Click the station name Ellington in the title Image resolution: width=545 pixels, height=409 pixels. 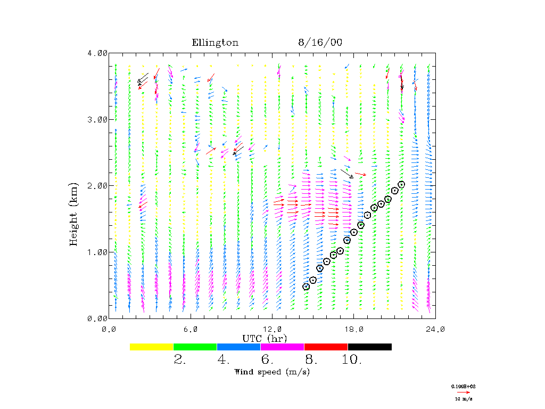(x=215, y=43)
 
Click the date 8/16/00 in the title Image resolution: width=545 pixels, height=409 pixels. (x=320, y=43)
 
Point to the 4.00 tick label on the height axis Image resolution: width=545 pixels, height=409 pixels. (x=97, y=53)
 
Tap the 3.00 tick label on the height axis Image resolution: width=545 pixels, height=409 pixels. (x=97, y=119)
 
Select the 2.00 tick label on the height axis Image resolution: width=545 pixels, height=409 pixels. (x=97, y=186)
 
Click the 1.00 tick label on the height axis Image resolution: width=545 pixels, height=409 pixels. (x=97, y=252)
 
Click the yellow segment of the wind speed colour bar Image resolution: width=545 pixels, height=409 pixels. (x=152, y=347)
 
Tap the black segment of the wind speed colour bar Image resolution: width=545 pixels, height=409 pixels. (x=369, y=347)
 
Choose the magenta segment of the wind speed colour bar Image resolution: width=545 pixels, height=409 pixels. (x=282, y=347)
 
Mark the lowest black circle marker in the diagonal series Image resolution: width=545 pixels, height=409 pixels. (x=306, y=287)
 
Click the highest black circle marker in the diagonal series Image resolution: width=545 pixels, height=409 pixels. (x=401, y=184)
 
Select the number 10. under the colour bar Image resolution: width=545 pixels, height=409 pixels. (x=352, y=360)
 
